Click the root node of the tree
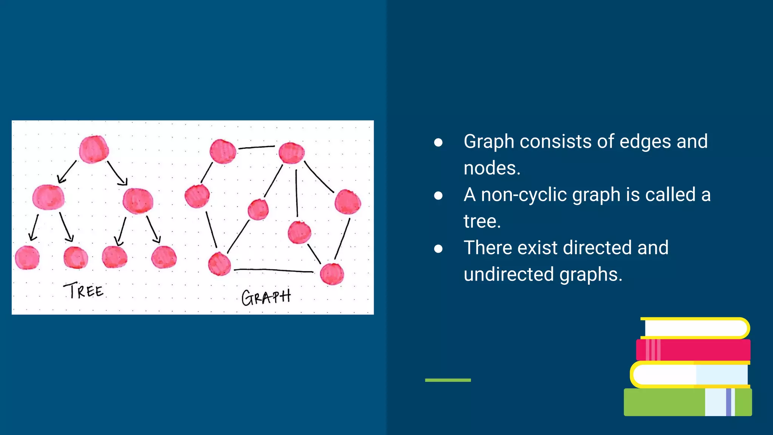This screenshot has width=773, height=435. click(x=94, y=149)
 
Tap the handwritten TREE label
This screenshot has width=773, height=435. click(x=83, y=290)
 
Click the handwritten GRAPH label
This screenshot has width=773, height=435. click(x=266, y=297)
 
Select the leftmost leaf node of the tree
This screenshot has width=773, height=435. click(x=27, y=258)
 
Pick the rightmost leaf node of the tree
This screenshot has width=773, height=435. click(x=164, y=257)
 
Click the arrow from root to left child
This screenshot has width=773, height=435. click(x=67, y=172)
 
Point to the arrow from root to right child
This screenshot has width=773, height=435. click(x=117, y=173)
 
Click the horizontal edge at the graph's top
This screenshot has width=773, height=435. click(x=257, y=147)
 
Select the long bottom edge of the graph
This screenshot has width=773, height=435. click(x=274, y=270)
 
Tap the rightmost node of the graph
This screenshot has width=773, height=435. click(x=348, y=202)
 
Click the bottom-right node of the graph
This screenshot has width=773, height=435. click(x=332, y=274)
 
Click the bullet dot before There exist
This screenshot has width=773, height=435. click(x=438, y=248)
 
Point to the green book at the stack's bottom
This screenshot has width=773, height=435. click(x=664, y=403)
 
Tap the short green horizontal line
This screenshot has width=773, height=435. click(x=448, y=380)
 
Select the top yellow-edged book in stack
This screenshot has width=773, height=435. click(x=694, y=328)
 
